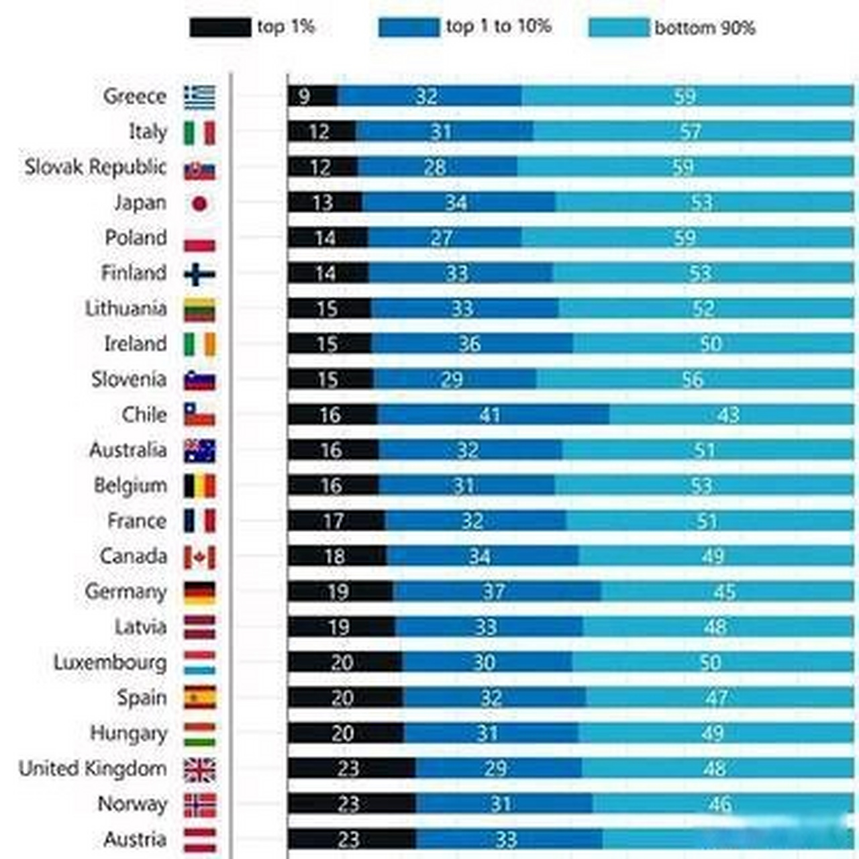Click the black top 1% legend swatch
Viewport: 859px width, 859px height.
tap(220, 28)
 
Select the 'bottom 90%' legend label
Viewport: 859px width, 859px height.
tap(705, 28)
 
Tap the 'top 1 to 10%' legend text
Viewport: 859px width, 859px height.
tap(499, 27)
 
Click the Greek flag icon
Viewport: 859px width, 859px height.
tap(200, 97)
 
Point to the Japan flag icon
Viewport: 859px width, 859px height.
tap(200, 203)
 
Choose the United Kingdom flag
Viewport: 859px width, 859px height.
tap(200, 770)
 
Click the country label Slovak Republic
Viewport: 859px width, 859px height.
tap(95, 167)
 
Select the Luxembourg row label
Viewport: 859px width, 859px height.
tap(110, 662)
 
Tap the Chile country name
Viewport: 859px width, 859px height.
tap(144, 415)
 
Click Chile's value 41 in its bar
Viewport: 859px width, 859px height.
tap(490, 415)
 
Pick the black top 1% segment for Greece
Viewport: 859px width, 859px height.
tap(313, 96)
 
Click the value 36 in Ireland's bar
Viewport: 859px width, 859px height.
tap(470, 344)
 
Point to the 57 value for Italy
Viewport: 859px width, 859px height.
tap(690, 132)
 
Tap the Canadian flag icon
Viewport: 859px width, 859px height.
tap(200, 557)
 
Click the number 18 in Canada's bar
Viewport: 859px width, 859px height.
tap(334, 556)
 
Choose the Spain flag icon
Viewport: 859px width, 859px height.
tap(200, 698)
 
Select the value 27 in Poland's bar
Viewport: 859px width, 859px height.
tap(441, 238)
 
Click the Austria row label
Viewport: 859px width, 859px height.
tap(135, 839)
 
